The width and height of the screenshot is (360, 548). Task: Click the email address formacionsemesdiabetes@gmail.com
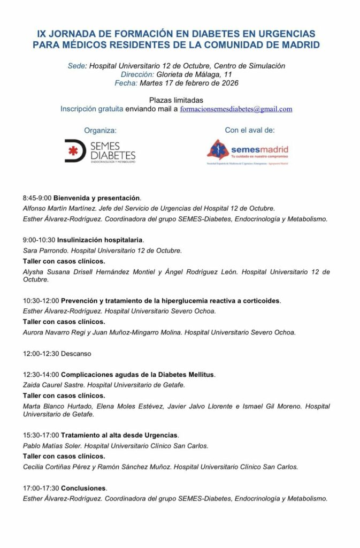pos(236,109)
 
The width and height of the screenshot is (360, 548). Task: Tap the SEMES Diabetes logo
pos(100,151)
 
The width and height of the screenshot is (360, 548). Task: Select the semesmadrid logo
pos(248,151)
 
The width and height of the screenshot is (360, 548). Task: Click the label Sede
pos(76,66)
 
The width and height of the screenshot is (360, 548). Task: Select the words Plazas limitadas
pos(176,100)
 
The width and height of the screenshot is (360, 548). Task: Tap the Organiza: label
pos(100,130)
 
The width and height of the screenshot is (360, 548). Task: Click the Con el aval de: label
pos(250,130)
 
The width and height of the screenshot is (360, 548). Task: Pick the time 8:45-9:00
pos(37,198)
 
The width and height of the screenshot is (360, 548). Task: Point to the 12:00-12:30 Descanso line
pos(57,354)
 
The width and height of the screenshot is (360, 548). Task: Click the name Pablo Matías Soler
pos(52,446)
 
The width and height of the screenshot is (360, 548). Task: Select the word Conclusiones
pos(83,488)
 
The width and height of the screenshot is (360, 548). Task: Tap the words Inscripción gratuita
pos(91,109)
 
